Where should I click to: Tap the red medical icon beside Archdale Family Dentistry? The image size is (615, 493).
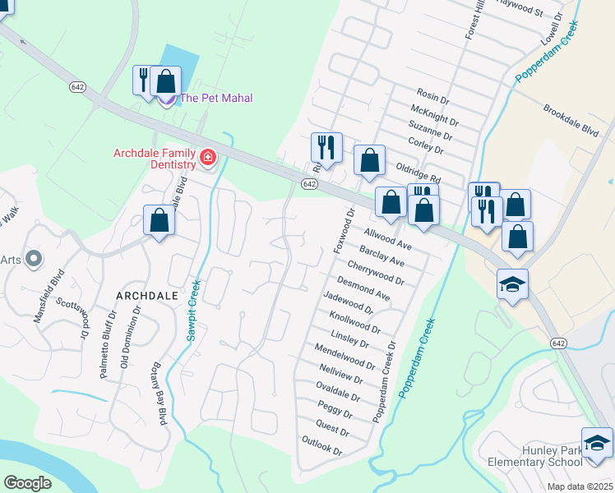206,156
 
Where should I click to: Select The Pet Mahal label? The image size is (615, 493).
215,98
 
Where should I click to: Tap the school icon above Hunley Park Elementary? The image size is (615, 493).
597,442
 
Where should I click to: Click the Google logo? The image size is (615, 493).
27,483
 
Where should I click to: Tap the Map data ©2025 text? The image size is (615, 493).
579,486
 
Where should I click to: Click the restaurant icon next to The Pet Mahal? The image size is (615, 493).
144,81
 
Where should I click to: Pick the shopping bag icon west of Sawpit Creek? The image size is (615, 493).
159,220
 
